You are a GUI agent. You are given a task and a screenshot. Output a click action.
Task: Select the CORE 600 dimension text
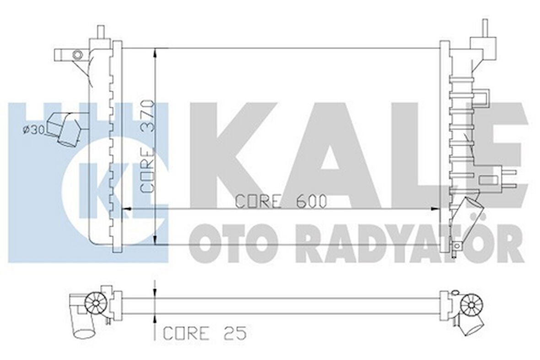(x=281, y=201)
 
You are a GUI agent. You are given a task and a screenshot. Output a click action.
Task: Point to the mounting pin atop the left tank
(x=101, y=34)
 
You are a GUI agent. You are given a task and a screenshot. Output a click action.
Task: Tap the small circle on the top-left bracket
(x=78, y=55)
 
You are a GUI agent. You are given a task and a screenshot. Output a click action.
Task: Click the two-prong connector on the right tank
(x=508, y=179)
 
